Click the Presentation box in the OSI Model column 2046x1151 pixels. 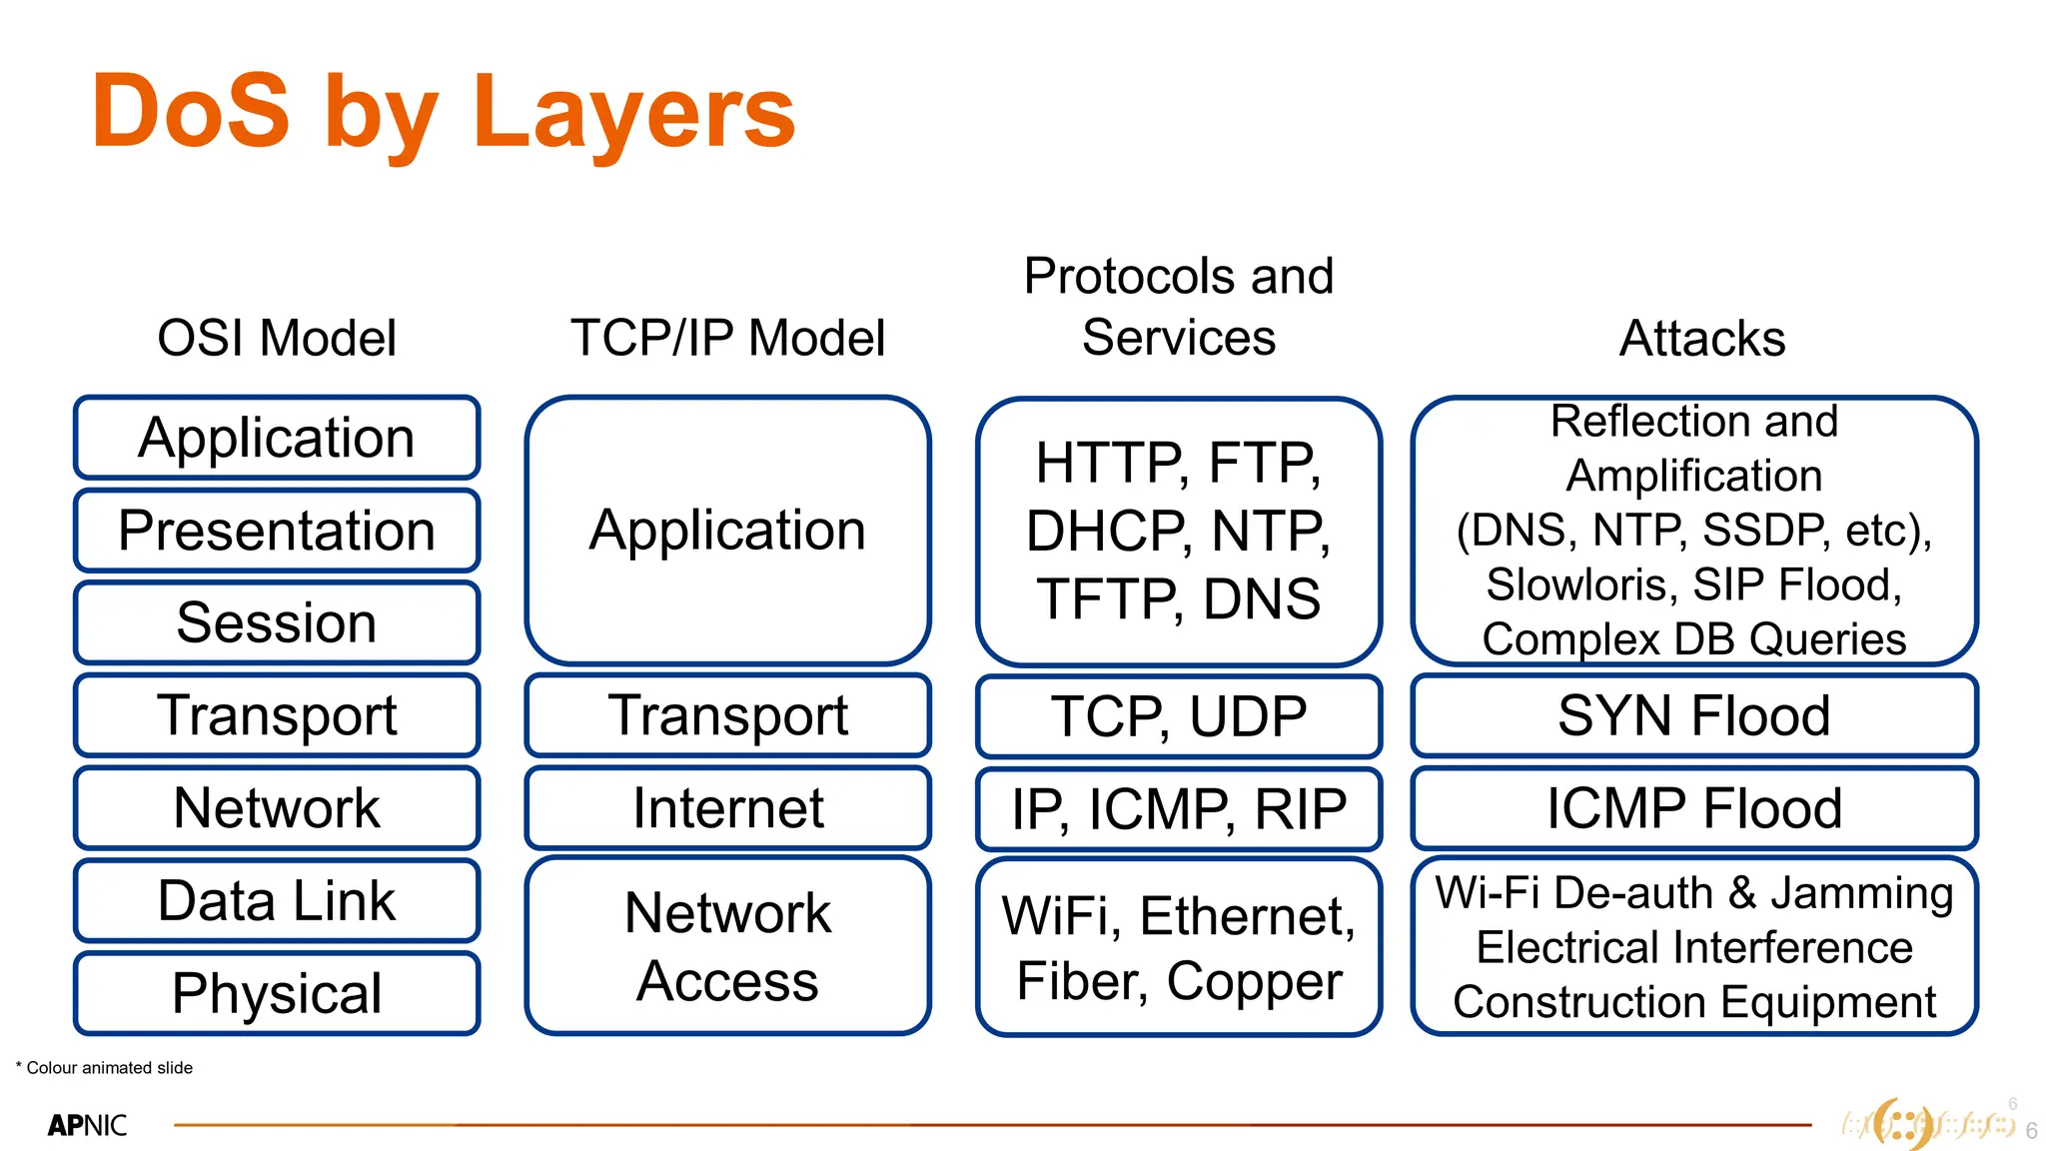click(x=277, y=531)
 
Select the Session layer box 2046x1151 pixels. click(x=277, y=622)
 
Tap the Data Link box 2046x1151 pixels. click(x=277, y=900)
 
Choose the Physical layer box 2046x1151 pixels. click(x=277, y=993)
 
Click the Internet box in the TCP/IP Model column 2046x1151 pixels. click(x=727, y=807)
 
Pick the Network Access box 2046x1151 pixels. click(x=727, y=945)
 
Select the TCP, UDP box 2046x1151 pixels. click(x=1179, y=716)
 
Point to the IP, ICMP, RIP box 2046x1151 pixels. click(x=1179, y=808)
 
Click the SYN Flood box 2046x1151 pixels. click(x=1694, y=716)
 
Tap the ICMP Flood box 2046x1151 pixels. click(x=1694, y=808)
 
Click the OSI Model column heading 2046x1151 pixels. click(x=277, y=338)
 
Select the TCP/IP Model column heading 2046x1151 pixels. click(x=727, y=338)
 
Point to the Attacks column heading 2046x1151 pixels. click(x=1702, y=338)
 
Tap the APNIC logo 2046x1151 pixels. click(x=88, y=1125)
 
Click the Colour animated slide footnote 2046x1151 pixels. click(x=105, y=1067)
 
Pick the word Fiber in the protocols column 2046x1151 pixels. click(x=1081, y=981)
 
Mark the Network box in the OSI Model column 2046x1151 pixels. click(x=277, y=807)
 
